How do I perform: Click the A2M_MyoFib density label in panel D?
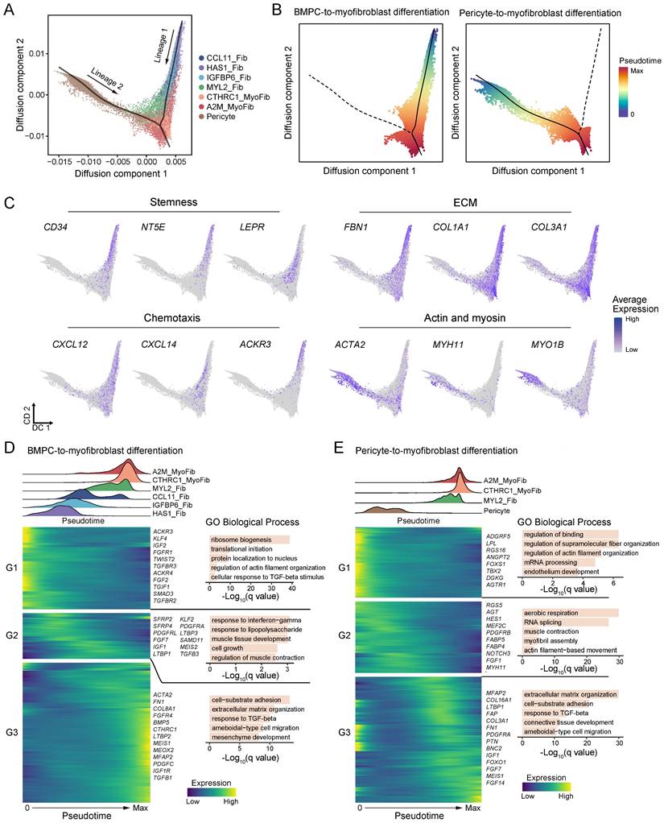coord(173,474)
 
